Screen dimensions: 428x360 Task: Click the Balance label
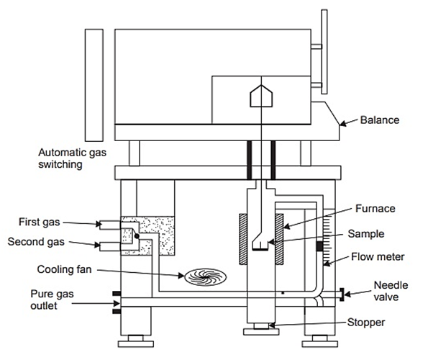(x=379, y=120)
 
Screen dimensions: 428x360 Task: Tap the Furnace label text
(x=375, y=209)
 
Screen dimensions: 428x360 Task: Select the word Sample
(x=365, y=234)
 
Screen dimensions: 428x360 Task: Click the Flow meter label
(x=378, y=257)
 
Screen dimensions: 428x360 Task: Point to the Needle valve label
(x=391, y=291)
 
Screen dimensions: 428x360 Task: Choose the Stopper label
(x=365, y=323)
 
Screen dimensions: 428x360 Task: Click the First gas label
(x=39, y=222)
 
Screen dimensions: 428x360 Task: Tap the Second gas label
(x=36, y=242)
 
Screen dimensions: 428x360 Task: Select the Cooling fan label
(x=64, y=269)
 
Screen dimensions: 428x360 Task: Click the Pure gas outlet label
(x=52, y=300)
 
